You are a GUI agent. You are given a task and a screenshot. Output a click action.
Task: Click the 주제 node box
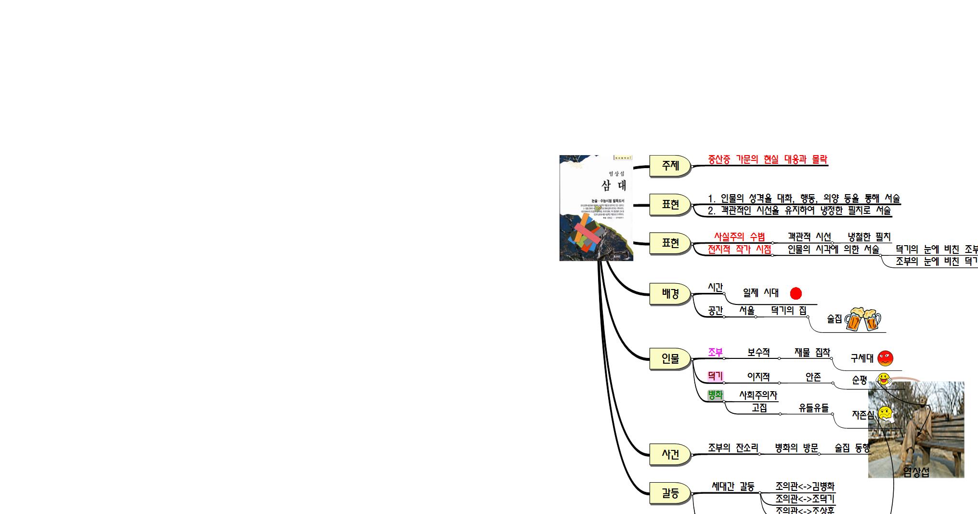[x=670, y=166]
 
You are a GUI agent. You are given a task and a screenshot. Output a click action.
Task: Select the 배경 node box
[x=670, y=293]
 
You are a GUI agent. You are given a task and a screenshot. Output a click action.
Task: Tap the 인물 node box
[x=670, y=358]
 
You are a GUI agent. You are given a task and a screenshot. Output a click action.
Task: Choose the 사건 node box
[x=670, y=454]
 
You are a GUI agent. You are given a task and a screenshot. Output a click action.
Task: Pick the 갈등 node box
[x=670, y=493]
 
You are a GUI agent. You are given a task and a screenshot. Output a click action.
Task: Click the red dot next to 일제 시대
[x=796, y=293]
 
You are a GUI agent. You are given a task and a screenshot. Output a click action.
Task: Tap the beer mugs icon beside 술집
[x=863, y=319]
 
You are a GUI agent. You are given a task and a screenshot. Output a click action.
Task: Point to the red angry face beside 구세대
[x=885, y=358]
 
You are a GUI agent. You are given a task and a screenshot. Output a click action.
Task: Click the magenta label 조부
[x=715, y=353]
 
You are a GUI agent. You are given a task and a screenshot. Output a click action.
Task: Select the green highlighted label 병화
[x=715, y=395]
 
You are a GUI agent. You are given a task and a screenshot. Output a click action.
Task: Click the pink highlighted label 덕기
[x=715, y=376]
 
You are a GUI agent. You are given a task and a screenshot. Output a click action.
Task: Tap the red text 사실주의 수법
[x=739, y=237]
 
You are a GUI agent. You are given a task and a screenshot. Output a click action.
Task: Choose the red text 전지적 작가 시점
[x=739, y=250]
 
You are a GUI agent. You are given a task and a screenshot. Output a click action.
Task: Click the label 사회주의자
[x=758, y=395]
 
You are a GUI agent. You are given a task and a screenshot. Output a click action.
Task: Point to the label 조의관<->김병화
[x=805, y=486]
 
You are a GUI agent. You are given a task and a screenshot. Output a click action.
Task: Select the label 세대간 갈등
[x=733, y=487]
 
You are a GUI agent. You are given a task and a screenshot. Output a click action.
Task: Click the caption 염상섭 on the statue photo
[x=916, y=473]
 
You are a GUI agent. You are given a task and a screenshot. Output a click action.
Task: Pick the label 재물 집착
[x=812, y=353]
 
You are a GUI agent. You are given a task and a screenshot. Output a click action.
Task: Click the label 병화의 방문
[x=796, y=448]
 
